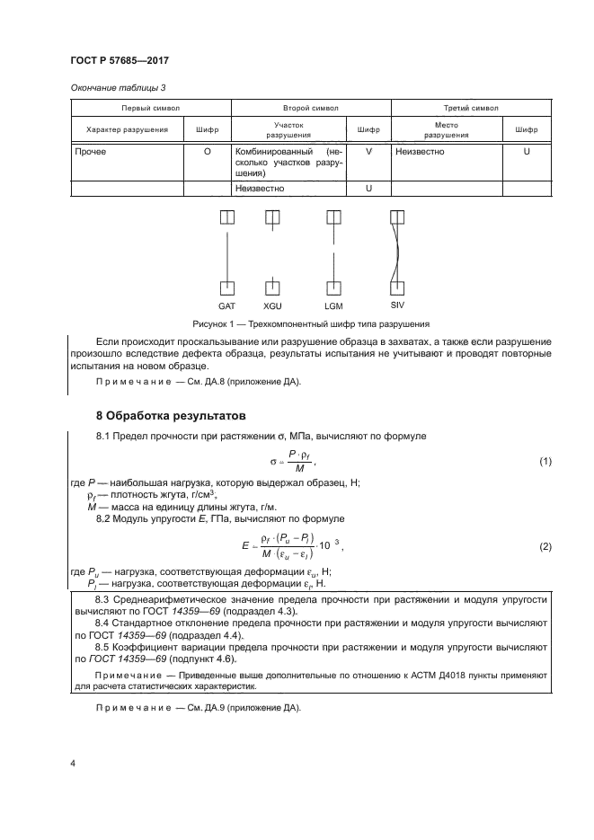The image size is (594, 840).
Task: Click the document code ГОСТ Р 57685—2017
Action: pyautogui.click(x=120, y=59)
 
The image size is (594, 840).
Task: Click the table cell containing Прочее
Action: pyautogui.click(x=91, y=153)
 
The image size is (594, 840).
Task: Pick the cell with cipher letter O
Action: pyautogui.click(x=208, y=153)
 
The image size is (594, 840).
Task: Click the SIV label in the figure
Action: pyautogui.click(x=397, y=306)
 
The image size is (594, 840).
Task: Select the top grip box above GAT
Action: pyautogui.click(x=226, y=217)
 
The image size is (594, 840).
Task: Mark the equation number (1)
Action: pyautogui.click(x=545, y=461)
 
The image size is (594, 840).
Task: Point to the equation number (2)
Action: pyautogui.click(x=545, y=547)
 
